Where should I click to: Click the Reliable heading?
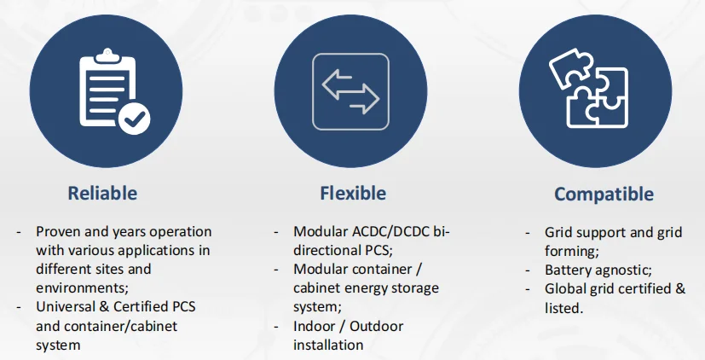click(102, 193)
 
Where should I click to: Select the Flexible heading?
click(353, 193)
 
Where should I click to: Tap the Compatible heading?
click(604, 195)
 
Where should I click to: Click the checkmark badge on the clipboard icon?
click(133, 119)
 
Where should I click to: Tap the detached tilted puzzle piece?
click(569, 66)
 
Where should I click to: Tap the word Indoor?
click(316, 327)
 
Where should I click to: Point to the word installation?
click(328, 345)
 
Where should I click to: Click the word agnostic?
click(625, 270)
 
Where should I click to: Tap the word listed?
click(563, 307)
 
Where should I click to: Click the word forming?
click(572, 251)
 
